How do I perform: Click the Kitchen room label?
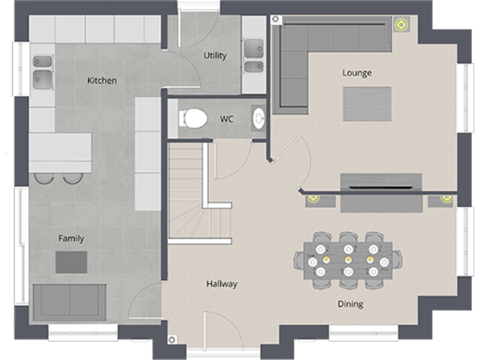pyautogui.click(x=101, y=81)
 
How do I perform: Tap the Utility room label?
pyautogui.click(x=215, y=56)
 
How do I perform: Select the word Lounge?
pyautogui.click(x=357, y=73)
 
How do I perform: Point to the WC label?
pyautogui.click(x=227, y=119)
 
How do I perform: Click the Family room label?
pyautogui.click(x=71, y=239)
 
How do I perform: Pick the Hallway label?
pyautogui.click(x=222, y=284)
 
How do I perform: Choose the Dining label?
pyautogui.click(x=350, y=304)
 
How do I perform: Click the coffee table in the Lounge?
pyautogui.click(x=367, y=104)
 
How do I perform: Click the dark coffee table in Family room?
pyautogui.click(x=71, y=262)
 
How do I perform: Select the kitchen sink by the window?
pyautogui.click(x=42, y=70)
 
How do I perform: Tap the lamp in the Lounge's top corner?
pyautogui.click(x=399, y=24)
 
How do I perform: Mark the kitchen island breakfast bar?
pyautogui.click(x=60, y=152)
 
